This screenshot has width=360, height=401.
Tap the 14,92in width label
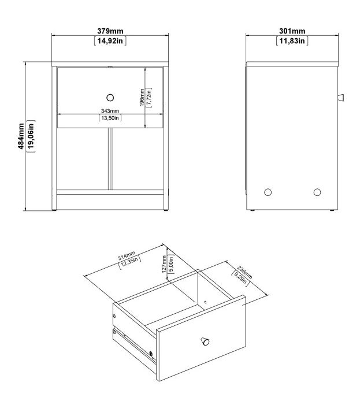click(110, 40)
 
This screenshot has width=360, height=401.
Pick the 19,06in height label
click(31, 137)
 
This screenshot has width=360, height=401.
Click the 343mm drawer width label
click(109, 110)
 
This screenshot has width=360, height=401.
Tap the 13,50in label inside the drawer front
click(109, 118)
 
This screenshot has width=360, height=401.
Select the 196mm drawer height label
click(142, 97)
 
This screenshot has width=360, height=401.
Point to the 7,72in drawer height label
click(149, 97)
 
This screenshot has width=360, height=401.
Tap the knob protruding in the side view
click(340, 96)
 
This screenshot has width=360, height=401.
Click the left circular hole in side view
click(267, 192)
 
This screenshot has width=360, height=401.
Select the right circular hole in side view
click(317, 192)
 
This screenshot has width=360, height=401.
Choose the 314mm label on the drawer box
click(126, 257)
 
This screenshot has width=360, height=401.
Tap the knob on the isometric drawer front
click(204, 341)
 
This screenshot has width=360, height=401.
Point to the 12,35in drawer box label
click(130, 264)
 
